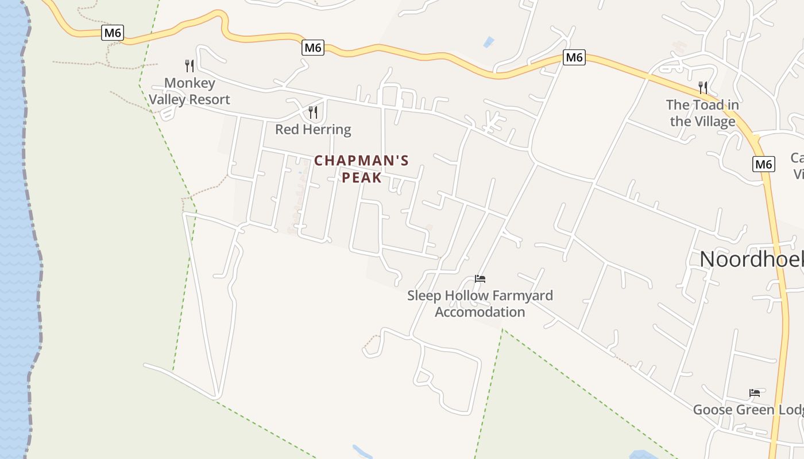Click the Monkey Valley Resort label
pos(190,91)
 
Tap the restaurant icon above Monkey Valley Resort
pos(190,66)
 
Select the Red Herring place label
pos(313,129)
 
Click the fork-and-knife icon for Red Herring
pos(313,112)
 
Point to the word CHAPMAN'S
pos(361,161)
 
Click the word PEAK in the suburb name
pos(362,178)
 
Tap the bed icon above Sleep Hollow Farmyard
pos(480,279)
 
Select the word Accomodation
pos(480,312)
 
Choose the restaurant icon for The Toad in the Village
pos(703,87)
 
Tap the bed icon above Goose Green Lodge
pos(755,393)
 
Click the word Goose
pos(713,410)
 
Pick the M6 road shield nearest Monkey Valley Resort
pos(113,33)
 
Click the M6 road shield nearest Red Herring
pos(313,48)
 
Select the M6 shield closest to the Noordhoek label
pos(764,164)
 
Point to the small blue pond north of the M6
pos(489,42)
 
